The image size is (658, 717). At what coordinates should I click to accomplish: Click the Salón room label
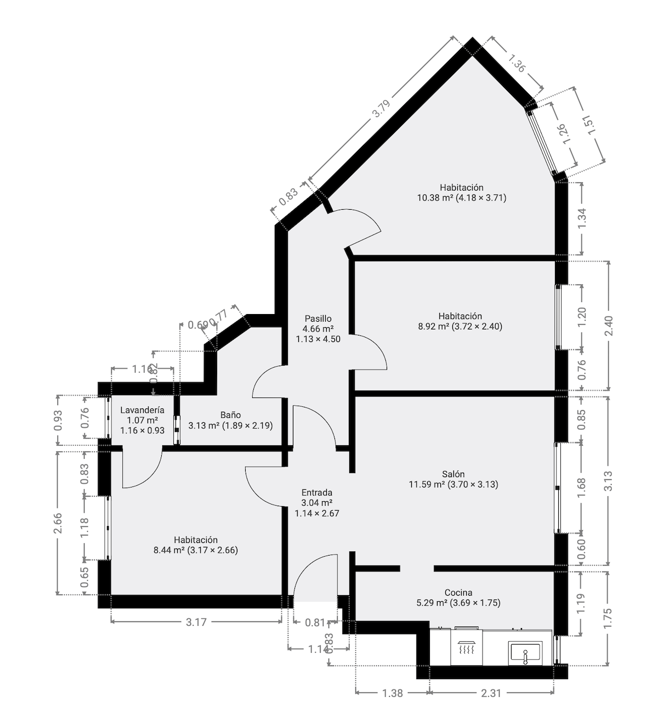(x=453, y=474)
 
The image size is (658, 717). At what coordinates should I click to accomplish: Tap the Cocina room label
(x=458, y=592)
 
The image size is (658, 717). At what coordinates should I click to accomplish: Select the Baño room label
(x=230, y=415)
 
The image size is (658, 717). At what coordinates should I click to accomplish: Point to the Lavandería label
(x=142, y=410)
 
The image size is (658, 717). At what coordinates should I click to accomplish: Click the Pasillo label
(x=318, y=318)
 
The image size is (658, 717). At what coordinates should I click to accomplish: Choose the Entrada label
(x=316, y=493)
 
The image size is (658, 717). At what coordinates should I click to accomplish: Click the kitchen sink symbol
(x=525, y=653)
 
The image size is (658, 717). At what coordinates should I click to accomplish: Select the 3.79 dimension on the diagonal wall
(x=381, y=109)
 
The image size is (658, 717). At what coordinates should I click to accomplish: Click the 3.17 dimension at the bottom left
(x=196, y=622)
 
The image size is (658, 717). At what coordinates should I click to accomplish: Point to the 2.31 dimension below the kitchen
(x=491, y=693)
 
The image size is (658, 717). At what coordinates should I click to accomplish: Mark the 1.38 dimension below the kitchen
(x=392, y=693)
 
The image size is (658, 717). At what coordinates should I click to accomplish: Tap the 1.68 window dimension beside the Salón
(x=582, y=488)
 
